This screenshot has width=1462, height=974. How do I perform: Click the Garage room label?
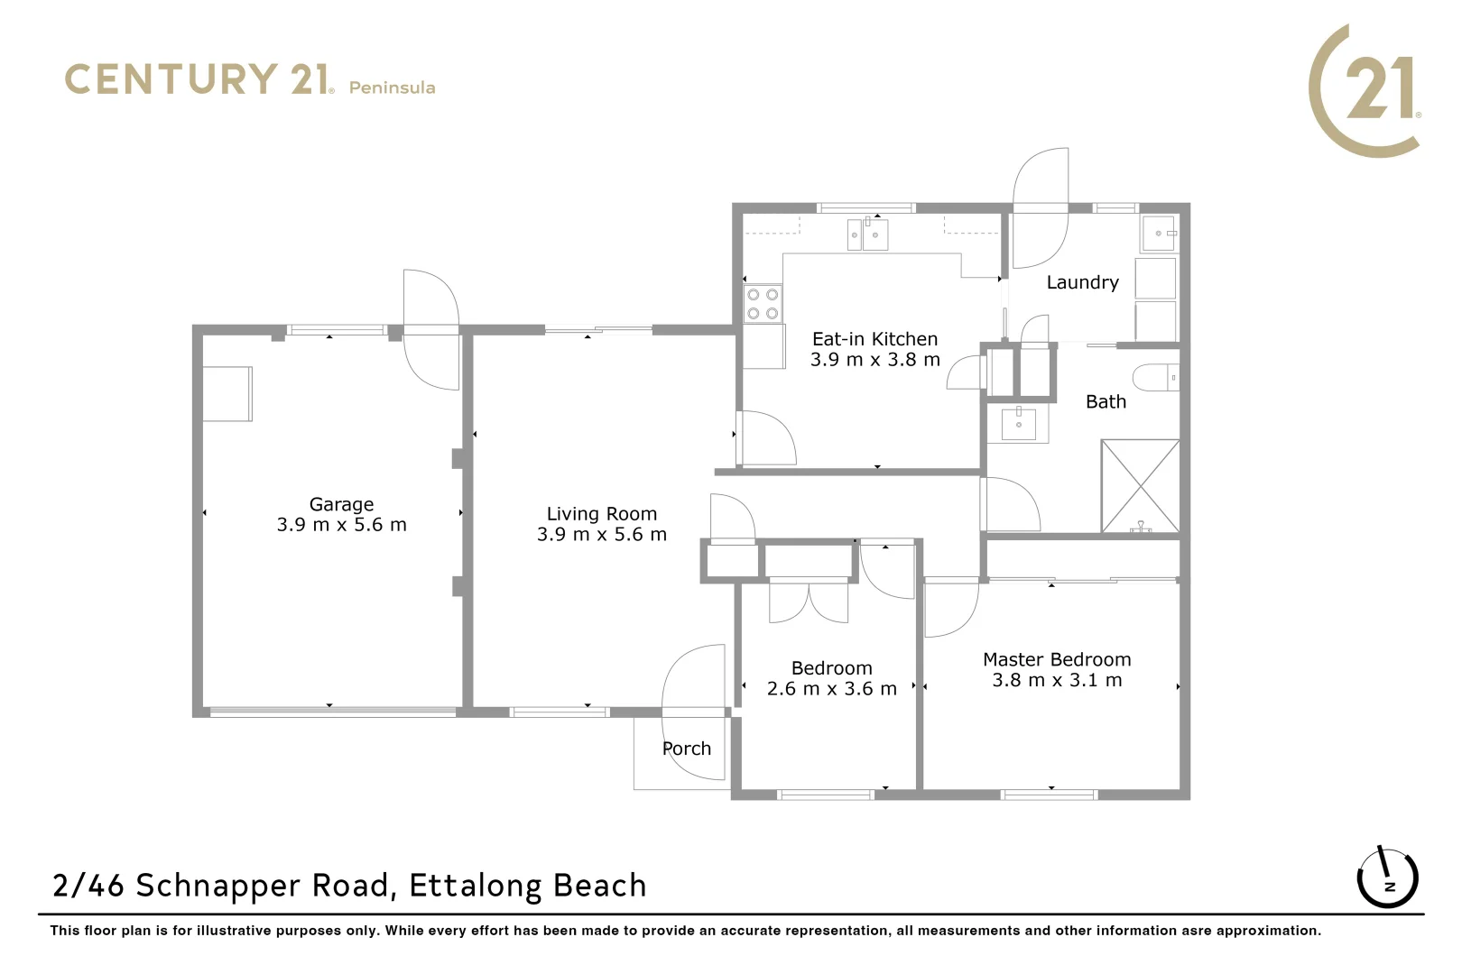(341, 504)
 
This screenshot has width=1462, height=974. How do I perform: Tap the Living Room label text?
(602, 514)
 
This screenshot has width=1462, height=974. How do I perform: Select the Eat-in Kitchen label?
(874, 339)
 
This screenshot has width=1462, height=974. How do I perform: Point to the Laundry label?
(1083, 282)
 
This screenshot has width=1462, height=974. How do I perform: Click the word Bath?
(1106, 402)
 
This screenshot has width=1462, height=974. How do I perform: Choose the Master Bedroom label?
(1057, 659)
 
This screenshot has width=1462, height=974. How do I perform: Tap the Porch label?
(687, 749)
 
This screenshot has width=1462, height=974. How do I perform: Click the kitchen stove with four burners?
(763, 304)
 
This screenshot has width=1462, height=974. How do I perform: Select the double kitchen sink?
(867, 234)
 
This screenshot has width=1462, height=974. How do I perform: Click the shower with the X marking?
(1140, 486)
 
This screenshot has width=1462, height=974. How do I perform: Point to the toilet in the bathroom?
(1156, 378)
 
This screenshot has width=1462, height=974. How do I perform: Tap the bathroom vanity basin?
(1018, 423)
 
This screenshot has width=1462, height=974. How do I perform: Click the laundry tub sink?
(1159, 233)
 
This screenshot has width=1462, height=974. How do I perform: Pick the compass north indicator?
(1388, 878)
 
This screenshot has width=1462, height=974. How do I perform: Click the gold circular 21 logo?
(1365, 91)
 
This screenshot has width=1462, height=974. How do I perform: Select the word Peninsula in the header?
(393, 87)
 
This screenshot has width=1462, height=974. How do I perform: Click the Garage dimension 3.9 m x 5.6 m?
(341, 525)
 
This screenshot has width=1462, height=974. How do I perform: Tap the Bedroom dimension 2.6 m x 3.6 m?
(831, 688)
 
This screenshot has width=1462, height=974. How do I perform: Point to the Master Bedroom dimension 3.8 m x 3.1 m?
(1057, 680)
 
